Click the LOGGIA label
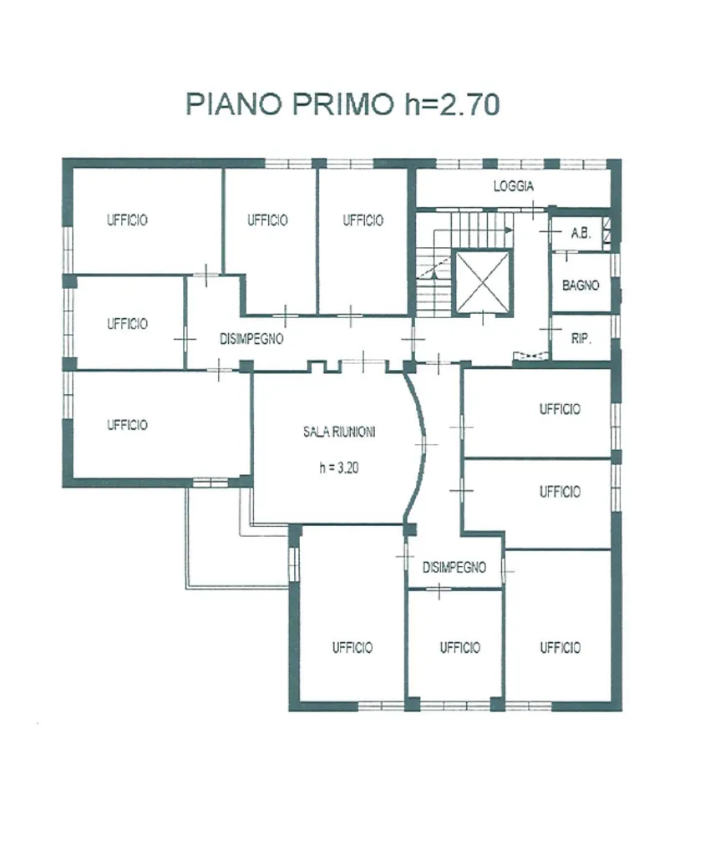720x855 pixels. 513,186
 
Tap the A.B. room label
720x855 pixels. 581,234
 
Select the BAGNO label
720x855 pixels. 581,285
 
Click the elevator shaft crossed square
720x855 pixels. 482,281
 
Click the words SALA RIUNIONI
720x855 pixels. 339,432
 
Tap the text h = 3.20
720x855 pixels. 339,468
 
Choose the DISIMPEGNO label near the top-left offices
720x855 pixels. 251,339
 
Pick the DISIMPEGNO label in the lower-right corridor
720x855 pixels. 454,567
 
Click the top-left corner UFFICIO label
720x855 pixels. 127,220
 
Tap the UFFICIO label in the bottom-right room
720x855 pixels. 560,647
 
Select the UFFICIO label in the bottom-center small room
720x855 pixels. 459,647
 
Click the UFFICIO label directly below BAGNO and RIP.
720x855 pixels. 560,409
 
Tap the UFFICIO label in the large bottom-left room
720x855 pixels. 352,647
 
